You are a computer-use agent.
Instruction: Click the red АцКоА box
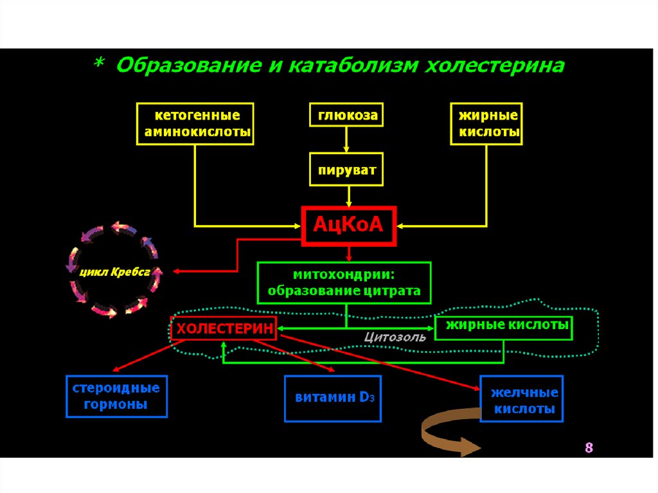(349, 226)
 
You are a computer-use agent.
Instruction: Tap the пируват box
(346, 170)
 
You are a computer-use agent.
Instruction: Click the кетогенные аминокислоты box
(195, 125)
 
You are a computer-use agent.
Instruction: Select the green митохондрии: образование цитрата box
(344, 282)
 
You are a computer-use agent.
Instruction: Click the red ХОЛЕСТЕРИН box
(224, 328)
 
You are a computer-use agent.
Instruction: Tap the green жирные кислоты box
(503, 327)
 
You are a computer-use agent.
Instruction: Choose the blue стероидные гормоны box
(116, 397)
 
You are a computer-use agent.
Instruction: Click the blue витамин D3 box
(333, 398)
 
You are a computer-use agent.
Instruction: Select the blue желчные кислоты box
(522, 399)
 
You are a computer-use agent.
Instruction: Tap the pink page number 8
(588, 448)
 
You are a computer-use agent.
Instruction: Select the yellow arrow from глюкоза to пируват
(347, 139)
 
